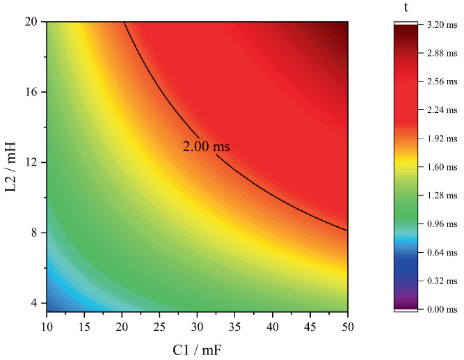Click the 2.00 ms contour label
point(206,147)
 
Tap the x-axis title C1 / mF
point(197,346)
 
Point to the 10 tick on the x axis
point(47,326)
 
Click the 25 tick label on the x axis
point(159,326)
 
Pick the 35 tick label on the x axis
point(234,326)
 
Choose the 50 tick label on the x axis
point(347,326)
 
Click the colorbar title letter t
point(407,7)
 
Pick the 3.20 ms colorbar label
point(442,24)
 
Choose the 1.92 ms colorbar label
point(442,139)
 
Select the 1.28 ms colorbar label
point(442,195)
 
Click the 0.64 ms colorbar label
point(442,252)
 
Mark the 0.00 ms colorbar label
point(442,309)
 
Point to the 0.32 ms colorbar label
point(442,281)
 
